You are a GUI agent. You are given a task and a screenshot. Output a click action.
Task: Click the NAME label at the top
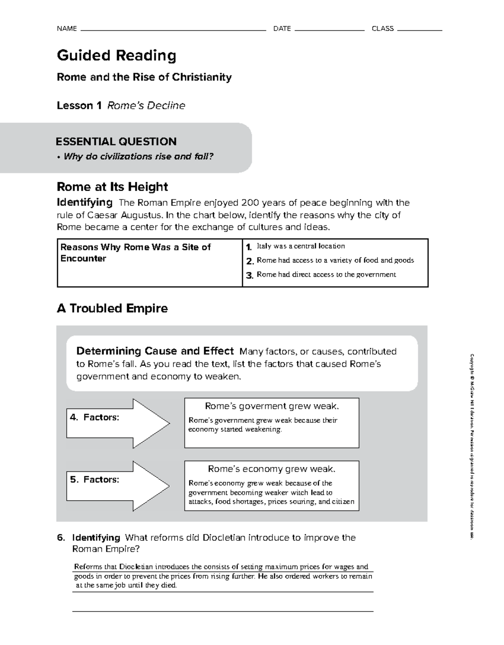click(67, 29)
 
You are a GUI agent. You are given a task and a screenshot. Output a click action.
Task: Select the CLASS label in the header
click(383, 29)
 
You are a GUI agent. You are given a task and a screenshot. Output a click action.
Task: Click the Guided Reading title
click(116, 55)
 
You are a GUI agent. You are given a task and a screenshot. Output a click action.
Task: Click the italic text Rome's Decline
click(146, 105)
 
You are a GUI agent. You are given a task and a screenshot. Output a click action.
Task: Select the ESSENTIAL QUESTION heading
click(116, 142)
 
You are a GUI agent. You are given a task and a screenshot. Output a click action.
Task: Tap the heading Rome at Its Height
click(112, 186)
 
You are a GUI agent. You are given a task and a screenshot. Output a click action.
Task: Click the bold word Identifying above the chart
click(84, 202)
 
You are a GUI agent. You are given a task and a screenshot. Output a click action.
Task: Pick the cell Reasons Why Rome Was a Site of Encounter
click(136, 253)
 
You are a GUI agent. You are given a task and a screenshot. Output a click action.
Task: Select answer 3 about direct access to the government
click(326, 275)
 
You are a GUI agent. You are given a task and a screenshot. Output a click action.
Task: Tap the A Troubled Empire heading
click(112, 308)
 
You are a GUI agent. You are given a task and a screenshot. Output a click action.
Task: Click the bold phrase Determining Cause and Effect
click(155, 351)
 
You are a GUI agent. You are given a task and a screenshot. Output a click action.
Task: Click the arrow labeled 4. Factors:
click(118, 423)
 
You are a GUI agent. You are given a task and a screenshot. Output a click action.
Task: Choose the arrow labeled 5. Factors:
click(118, 486)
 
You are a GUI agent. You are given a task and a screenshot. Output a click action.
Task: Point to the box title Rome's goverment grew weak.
click(272, 406)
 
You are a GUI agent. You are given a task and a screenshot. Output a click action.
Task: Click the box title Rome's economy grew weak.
click(272, 469)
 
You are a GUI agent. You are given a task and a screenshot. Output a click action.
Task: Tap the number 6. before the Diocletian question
click(61, 538)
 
